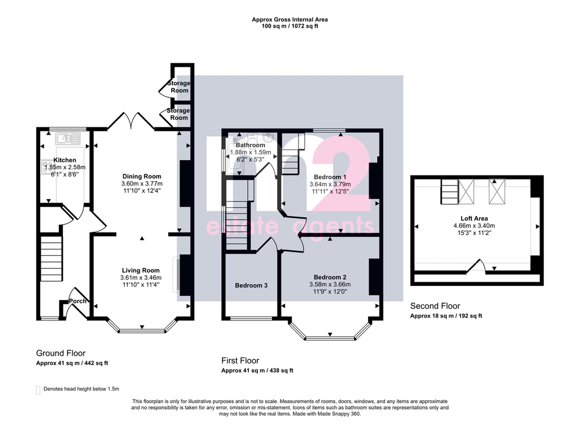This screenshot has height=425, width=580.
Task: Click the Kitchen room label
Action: point(65,160)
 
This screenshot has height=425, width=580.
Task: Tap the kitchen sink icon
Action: point(68,139)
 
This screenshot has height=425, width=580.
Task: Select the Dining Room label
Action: point(142,177)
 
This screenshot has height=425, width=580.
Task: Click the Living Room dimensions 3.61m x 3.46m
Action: point(141,277)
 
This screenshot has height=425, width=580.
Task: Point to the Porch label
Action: point(78,301)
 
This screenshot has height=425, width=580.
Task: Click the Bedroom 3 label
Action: point(251,285)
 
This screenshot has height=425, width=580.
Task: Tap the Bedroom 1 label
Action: point(330,177)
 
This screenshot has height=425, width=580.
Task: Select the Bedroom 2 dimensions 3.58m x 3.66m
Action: point(330,285)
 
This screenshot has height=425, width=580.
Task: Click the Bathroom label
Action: point(250,145)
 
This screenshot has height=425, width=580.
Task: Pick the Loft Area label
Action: point(474,218)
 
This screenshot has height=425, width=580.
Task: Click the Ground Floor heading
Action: point(61,353)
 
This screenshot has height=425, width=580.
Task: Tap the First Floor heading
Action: point(240,360)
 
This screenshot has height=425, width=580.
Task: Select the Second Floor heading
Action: point(435,306)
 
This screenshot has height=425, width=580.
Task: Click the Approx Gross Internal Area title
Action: point(289,20)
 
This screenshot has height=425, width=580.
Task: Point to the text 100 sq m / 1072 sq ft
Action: point(289,26)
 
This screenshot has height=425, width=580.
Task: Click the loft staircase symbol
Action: point(449,192)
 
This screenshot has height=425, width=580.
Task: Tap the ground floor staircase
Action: point(51,259)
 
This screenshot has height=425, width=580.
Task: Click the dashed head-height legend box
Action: point(38,390)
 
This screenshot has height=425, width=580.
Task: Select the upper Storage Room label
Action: point(179,87)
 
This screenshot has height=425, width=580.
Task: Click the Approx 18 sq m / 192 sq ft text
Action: point(446,316)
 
